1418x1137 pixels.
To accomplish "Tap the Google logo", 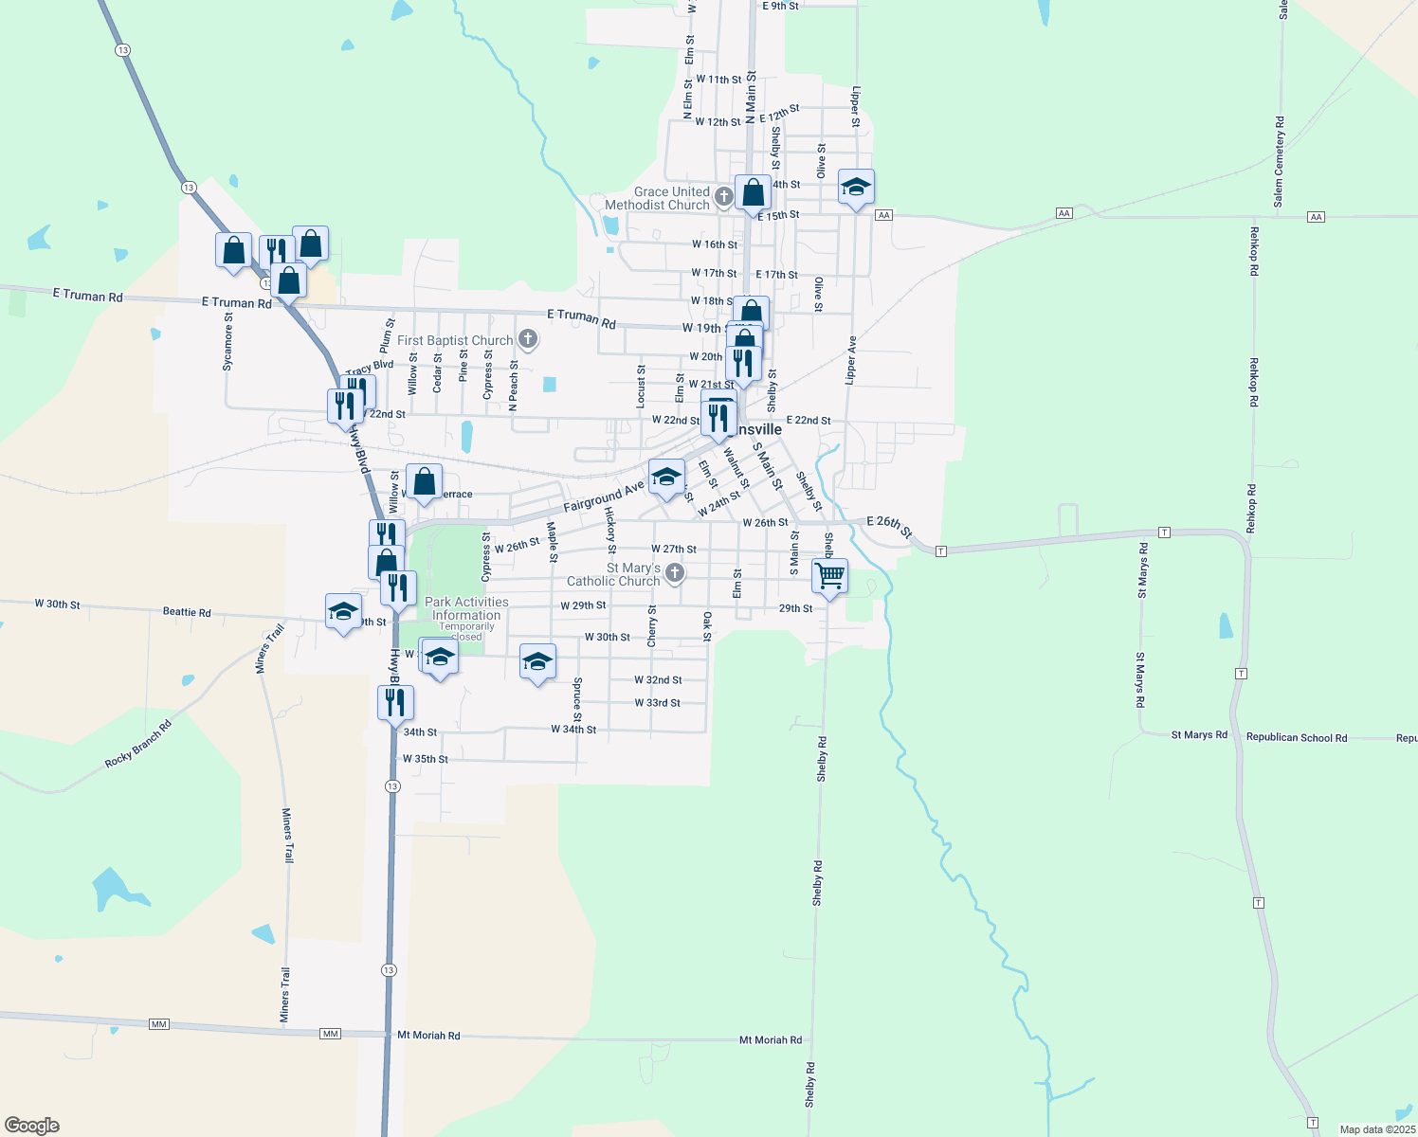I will coord(32,1125).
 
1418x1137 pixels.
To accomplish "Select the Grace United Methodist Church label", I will coord(657,198).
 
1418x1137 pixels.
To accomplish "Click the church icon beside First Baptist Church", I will coord(528,339).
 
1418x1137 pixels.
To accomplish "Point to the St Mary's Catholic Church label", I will coord(613,574).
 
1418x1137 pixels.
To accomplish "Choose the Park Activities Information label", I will coord(466,608).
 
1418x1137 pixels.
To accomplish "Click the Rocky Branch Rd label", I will coord(138,744).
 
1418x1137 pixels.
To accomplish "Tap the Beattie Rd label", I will coord(187,612).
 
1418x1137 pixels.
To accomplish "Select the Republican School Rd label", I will coord(1296,737).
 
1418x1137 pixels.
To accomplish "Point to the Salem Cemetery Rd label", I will coord(1279,162).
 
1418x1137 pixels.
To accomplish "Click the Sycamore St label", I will coord(227,341).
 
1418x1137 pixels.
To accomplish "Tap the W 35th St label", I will coord(425,759).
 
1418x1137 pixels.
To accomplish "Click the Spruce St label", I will coord(577,699).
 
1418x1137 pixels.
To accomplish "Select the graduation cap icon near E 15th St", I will coord(856,188).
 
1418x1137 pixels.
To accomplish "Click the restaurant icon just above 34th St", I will coord(395,702).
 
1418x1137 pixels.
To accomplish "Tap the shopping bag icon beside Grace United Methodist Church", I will coord(753,193).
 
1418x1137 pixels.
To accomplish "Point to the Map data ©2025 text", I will coord(1376,1129).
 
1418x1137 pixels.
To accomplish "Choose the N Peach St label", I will coord(514,385).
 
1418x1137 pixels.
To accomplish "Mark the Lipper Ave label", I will coord(851,360).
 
